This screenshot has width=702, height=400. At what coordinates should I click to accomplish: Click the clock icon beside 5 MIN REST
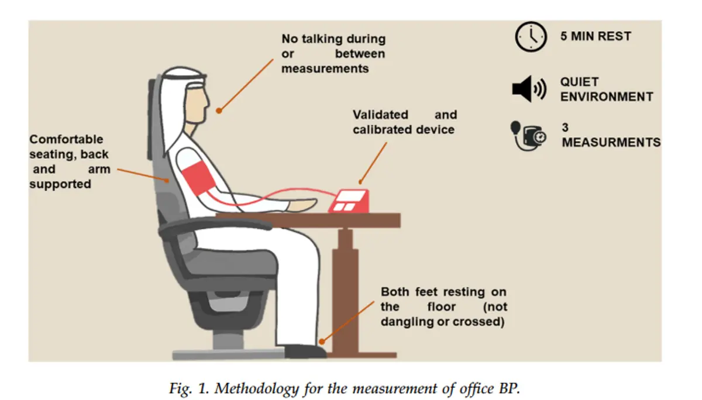[x=530, y=36]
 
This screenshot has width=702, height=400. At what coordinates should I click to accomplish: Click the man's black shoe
[x=305, y=351]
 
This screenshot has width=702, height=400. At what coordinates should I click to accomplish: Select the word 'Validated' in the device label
[x=380, y=115]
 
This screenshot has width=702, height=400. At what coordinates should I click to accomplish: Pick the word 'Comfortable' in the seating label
[x=66, y=139]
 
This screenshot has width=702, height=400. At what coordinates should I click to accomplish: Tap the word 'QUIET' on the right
[x=580, y=82]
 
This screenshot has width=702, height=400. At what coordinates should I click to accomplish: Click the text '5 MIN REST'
[x=596, y=36]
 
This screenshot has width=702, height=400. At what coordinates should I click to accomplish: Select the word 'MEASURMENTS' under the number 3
[x=611, y=142]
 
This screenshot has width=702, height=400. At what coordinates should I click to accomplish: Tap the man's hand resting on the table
[x=304, y=205]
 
